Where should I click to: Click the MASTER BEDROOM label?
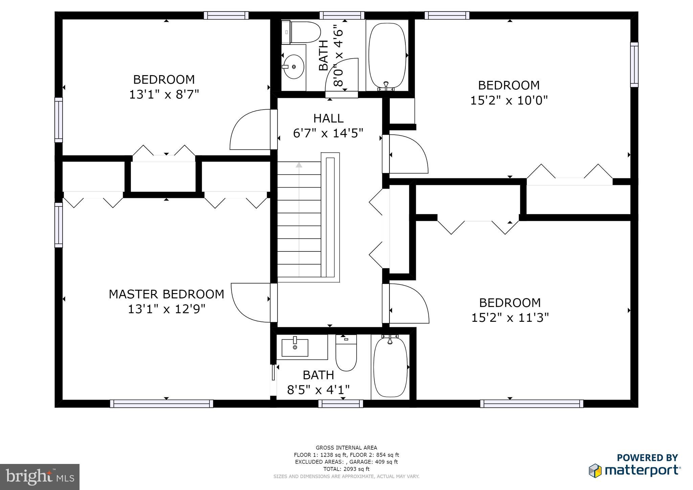166,294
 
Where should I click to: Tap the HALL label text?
328,118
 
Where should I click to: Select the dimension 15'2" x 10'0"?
509,101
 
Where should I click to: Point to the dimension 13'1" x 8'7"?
164,94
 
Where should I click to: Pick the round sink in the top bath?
293,67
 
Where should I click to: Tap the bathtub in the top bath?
387,55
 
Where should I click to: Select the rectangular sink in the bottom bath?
295,348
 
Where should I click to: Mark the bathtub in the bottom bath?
390,367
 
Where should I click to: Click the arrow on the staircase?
299,165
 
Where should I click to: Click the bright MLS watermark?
40,477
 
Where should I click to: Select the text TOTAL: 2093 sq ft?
346,469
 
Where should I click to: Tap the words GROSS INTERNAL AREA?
346,448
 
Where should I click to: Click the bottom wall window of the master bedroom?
161,403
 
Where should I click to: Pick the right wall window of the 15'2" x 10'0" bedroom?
634,64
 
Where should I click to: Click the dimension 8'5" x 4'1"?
318,390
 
